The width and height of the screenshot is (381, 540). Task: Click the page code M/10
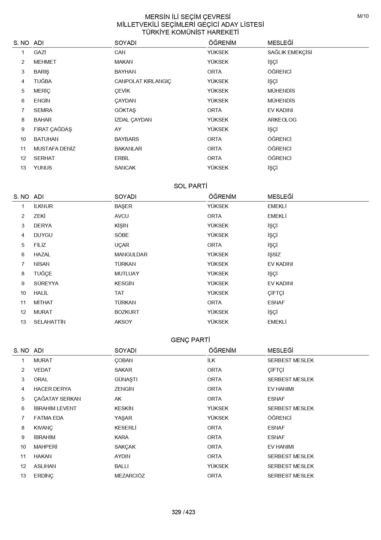pos(363,16)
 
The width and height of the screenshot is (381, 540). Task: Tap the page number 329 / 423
pos(183,512)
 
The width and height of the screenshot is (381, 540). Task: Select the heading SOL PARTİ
pos(190,186)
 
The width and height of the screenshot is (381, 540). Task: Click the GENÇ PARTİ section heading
pos(190,340)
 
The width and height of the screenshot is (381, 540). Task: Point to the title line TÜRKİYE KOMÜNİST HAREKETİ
pos(190,32)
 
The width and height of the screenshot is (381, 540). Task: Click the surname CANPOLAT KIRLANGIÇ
pos(143,81)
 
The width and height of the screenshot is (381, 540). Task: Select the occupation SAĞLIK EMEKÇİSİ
pos(289,52)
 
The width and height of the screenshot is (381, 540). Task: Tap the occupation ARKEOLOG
pos(282,120)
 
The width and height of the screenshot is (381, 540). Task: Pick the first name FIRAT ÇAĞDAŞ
pos(53,129)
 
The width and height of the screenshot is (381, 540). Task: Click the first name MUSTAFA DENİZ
pos(54,149)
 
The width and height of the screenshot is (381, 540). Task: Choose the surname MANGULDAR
pos(131,254)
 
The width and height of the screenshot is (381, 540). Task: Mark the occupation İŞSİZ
pos(274,254)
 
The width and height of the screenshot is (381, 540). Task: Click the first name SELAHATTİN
pos(49,322)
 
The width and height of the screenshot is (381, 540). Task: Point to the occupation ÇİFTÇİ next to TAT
pos(276,293)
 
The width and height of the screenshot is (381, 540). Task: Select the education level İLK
pos(211,360)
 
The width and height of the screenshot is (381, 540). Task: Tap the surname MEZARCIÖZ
pos(129,476)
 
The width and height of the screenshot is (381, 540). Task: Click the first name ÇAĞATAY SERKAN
pos(57,399)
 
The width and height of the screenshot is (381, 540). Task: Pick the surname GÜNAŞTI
pos(126,379)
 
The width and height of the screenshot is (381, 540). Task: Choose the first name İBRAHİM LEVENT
pos(55,408)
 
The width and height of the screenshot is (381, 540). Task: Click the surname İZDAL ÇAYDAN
pos(133,120)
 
